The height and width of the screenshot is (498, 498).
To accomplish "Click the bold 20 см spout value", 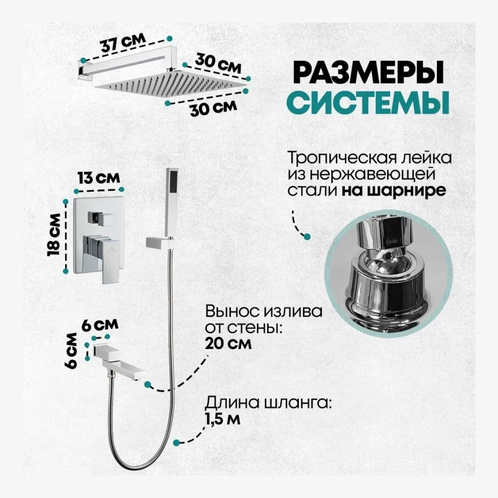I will [x=228, y=343].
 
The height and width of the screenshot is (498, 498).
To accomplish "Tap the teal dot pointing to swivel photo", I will [x=308, y=237].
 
